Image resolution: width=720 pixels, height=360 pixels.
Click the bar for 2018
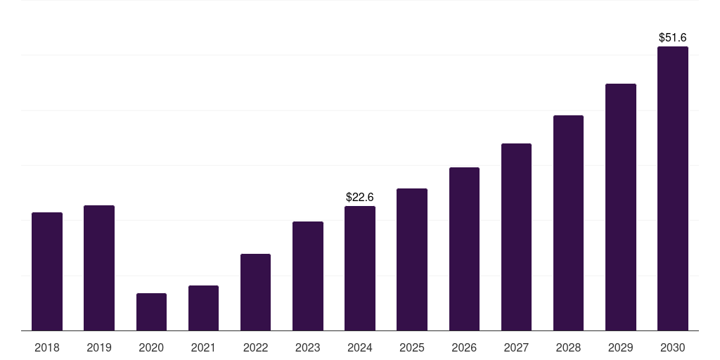coord(47,271)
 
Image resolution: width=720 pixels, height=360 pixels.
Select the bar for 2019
coord(99,268)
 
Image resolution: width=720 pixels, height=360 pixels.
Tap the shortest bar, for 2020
coord(151,311)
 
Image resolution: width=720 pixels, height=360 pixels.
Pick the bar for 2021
coord(203,308)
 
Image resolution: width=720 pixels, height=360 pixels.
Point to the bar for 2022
coord(255,292)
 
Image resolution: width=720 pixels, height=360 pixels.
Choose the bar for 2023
coord(308,276)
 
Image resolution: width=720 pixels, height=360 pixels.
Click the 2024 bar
coord(360,268)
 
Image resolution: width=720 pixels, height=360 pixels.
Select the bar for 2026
coord(464,249)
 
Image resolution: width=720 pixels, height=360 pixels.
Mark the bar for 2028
coord(568,223)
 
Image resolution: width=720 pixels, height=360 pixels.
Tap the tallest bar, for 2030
coord(673,188)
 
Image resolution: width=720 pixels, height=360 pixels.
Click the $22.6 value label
coord(360,198)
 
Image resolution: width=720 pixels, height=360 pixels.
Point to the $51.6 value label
coord(673,38)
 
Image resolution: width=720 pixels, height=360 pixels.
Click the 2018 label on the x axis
coord(47,347)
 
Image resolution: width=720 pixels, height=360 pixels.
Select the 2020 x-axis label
coord(151,347)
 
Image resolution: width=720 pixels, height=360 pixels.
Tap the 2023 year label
coord(308,347)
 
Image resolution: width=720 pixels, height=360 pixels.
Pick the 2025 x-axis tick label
coord(412,347)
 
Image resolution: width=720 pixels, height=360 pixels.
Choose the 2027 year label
coord(516,347)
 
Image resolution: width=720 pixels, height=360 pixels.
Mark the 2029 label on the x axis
coord(621,347)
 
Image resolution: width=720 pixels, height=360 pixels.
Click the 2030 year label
coord(673,347)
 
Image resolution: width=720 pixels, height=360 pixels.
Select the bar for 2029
coord(621,207)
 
